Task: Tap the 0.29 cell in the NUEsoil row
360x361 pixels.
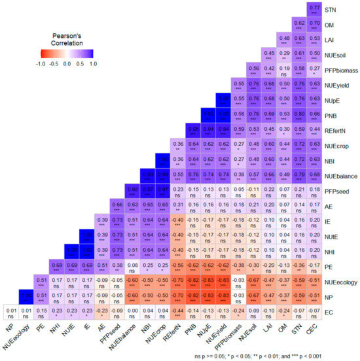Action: tap(285, 55)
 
